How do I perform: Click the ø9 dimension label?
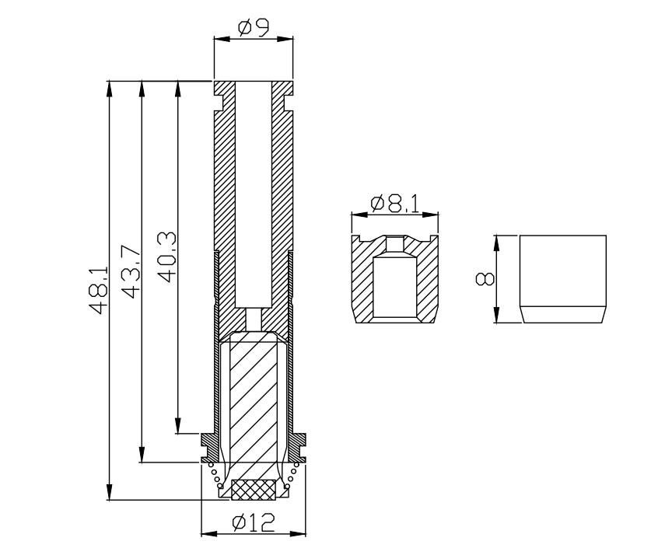coord(254,28)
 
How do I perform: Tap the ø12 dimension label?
coord(254,522)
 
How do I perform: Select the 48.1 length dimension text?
coord(99,290)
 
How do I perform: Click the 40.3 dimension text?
coord(166,257)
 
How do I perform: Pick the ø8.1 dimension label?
coord(395,204)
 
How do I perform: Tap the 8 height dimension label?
coord(485,279)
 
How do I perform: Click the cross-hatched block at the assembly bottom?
coord(254,490)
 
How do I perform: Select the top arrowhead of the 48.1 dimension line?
coord(110,89)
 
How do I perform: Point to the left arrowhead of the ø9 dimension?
coord(222,39)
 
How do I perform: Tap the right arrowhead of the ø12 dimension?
coord(297,533)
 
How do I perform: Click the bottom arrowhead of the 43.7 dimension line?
coord(142,454)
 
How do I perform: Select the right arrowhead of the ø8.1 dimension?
coord(430,215)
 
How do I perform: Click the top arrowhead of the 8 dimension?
coord(495,244)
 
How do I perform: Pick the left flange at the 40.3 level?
coord(208,448)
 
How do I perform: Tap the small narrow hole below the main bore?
coord(254,319)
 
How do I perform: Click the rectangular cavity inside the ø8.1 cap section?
coord(395,288)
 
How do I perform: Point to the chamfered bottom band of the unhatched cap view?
coord(563,315)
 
